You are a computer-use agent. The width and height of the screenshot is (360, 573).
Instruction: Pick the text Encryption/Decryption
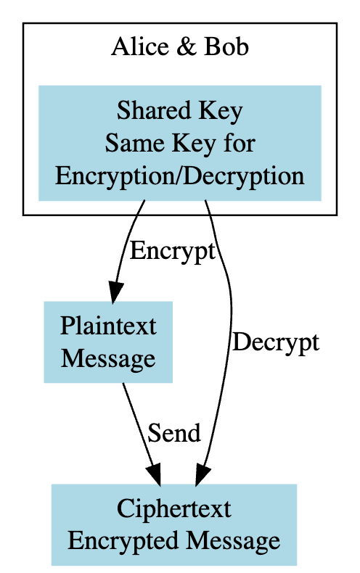[x=179, y=176]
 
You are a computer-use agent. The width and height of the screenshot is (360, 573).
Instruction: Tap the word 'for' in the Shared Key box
[x=240, y=143]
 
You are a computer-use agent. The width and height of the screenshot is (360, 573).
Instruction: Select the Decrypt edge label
[x=275, y=342]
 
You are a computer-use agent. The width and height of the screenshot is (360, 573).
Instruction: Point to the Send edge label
[x=173, y=433]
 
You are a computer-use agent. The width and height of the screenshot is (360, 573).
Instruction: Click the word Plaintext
[x=108, y=326]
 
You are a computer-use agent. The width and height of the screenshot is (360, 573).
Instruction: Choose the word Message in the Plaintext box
[x=108, y=358]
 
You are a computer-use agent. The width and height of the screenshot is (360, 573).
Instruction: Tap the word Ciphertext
[x=174, y=508]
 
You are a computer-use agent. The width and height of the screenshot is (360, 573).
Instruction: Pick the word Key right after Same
[x=187, y=143]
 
